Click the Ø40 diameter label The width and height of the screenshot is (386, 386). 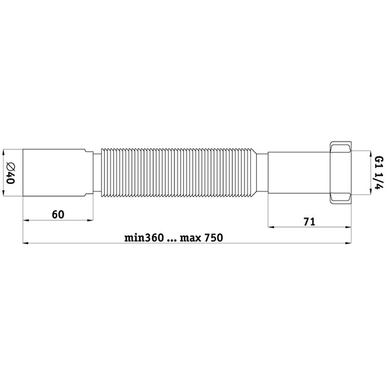pos(10,173)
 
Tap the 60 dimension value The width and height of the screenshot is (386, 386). pos(58,214)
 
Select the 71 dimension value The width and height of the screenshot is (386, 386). pos(309,222)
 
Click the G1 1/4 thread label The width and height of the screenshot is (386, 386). pos(379,173)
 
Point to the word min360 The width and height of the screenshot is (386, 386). pos(144,238)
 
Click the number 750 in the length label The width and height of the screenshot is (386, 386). pos(214,238)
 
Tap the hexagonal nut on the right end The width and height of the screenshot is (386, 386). pos(341,172)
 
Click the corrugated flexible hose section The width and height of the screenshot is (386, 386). pos(179,172)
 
